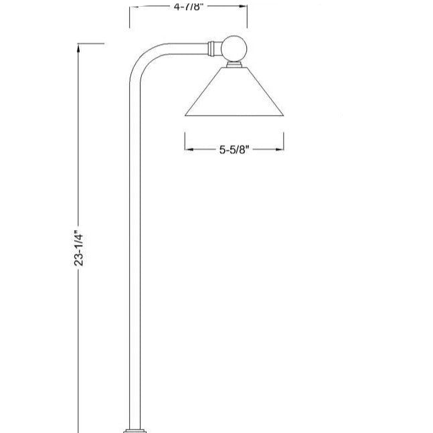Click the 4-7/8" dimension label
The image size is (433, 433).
[188, 6]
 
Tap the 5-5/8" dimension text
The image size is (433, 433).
[234, 150]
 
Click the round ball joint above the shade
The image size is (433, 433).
[234, 48]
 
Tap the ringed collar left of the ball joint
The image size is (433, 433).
[213, 48]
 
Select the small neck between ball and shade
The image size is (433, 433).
[234, 64]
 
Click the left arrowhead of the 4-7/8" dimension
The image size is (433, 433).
[133, 6]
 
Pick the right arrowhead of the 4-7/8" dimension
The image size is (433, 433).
[244, 6]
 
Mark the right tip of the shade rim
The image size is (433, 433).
[284, 115]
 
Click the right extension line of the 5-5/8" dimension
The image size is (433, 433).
[284, 142]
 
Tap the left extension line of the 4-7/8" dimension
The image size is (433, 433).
[129, 17]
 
